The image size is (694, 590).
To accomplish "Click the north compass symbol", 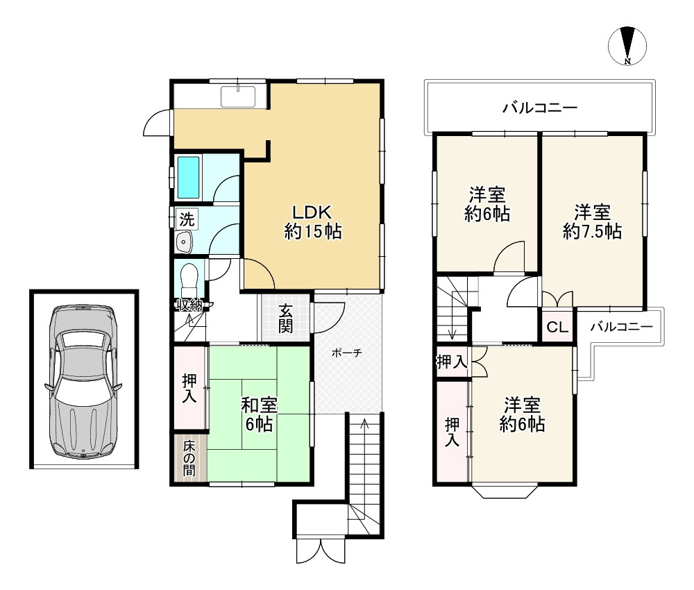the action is tap(627, 46).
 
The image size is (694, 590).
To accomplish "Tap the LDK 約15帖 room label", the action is tap(312, 221).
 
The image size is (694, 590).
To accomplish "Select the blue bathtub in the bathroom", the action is tap(189, 178).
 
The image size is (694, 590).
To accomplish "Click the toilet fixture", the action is tap(189, 280).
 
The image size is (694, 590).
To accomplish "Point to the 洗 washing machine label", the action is tap(187, 219).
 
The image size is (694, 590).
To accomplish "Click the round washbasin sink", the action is tap(184, 242).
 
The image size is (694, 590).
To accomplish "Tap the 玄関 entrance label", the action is tap(285, 319).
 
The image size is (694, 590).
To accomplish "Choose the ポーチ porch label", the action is tap(346, 353).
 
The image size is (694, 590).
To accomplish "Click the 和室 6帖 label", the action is tap(259, 414).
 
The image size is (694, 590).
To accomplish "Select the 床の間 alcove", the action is tap(189, 457).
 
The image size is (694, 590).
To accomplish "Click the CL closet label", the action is tap(557, 327).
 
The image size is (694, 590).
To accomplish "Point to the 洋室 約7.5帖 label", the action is tap(592, 221).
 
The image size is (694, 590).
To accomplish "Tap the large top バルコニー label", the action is tap(540, 108).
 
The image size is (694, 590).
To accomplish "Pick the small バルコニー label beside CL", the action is tap(621, 327).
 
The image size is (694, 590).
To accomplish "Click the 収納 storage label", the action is tap(189, 305).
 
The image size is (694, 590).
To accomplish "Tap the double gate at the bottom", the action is tap(321, 550).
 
